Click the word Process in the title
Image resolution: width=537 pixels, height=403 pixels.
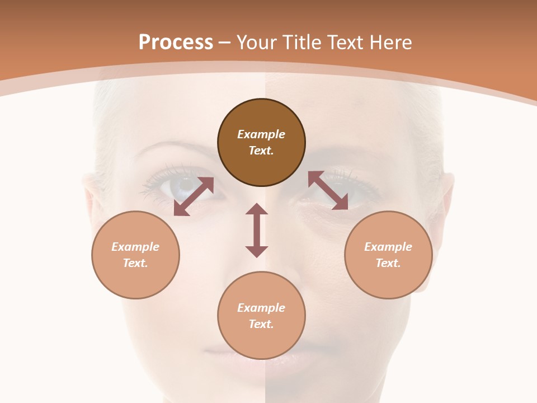(x=176, y=43)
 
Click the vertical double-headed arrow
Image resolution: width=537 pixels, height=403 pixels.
(x=257, y=231)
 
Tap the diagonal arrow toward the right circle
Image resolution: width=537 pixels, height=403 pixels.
(x=328, y=190)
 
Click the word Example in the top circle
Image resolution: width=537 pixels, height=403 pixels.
(x=261, y=134)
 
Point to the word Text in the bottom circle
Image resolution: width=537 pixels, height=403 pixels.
(x=261, y=324)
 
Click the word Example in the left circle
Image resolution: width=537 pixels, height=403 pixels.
(x=135, y=247)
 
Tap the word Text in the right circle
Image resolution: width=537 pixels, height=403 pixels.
(x=388, y=263)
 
